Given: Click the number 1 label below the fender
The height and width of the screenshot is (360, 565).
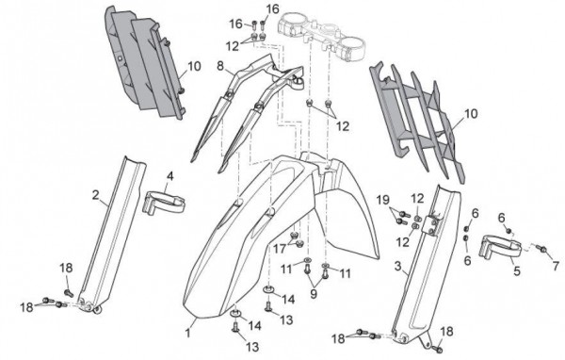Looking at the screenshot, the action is [187, 333].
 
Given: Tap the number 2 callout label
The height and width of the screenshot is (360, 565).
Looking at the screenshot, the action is [95, 195].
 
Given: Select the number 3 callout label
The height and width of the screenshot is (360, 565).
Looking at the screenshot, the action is [397, 266].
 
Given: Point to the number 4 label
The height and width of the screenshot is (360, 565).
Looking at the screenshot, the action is [170, 176].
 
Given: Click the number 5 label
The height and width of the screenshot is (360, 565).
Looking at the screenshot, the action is [517, 270].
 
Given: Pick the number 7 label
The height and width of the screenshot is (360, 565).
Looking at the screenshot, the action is [556, 266].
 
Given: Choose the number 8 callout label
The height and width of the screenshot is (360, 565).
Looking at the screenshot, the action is [221, 66].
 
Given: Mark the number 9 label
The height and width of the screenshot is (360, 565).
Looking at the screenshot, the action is [314, 294].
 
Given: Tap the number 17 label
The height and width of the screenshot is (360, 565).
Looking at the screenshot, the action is [280, 248].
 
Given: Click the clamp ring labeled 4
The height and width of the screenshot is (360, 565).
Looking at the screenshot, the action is [165, 203].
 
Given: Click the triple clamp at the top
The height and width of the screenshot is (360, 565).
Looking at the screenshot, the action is [322, 35].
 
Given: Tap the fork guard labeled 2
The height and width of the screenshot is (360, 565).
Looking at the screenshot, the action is [112, 235].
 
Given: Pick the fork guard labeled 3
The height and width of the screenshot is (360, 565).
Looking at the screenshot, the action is [426, 263].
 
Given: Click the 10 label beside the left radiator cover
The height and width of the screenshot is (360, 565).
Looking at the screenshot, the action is [194, 66].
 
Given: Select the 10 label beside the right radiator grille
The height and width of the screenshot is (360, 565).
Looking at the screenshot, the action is [471, 114].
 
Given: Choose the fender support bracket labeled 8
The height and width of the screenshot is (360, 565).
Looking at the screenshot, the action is [245, 108].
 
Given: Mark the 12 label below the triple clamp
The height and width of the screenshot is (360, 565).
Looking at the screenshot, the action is [343, 126].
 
